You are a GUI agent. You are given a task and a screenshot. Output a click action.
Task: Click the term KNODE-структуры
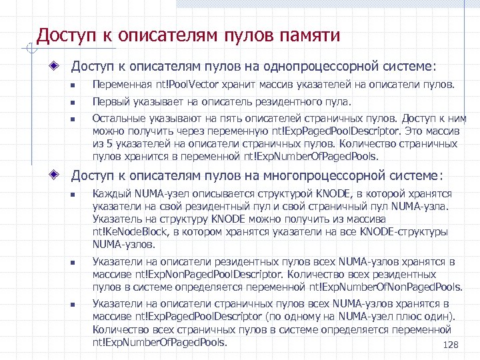point(407,231)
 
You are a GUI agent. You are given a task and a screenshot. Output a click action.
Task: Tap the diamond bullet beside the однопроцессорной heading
point(59,67)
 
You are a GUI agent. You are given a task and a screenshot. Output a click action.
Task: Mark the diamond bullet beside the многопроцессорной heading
point(59,175)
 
